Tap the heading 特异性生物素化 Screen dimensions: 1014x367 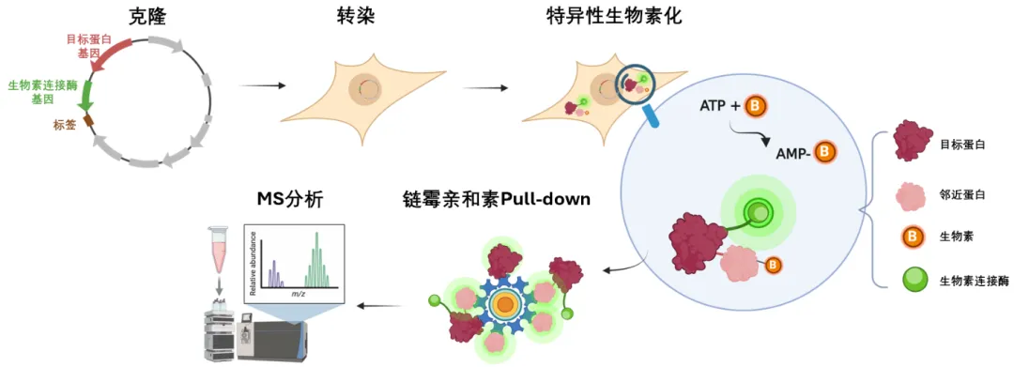614,17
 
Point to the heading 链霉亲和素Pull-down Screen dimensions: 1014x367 496,200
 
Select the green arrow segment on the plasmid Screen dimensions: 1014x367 84,97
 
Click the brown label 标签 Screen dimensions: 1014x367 66,126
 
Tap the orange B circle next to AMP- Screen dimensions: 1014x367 824,152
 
